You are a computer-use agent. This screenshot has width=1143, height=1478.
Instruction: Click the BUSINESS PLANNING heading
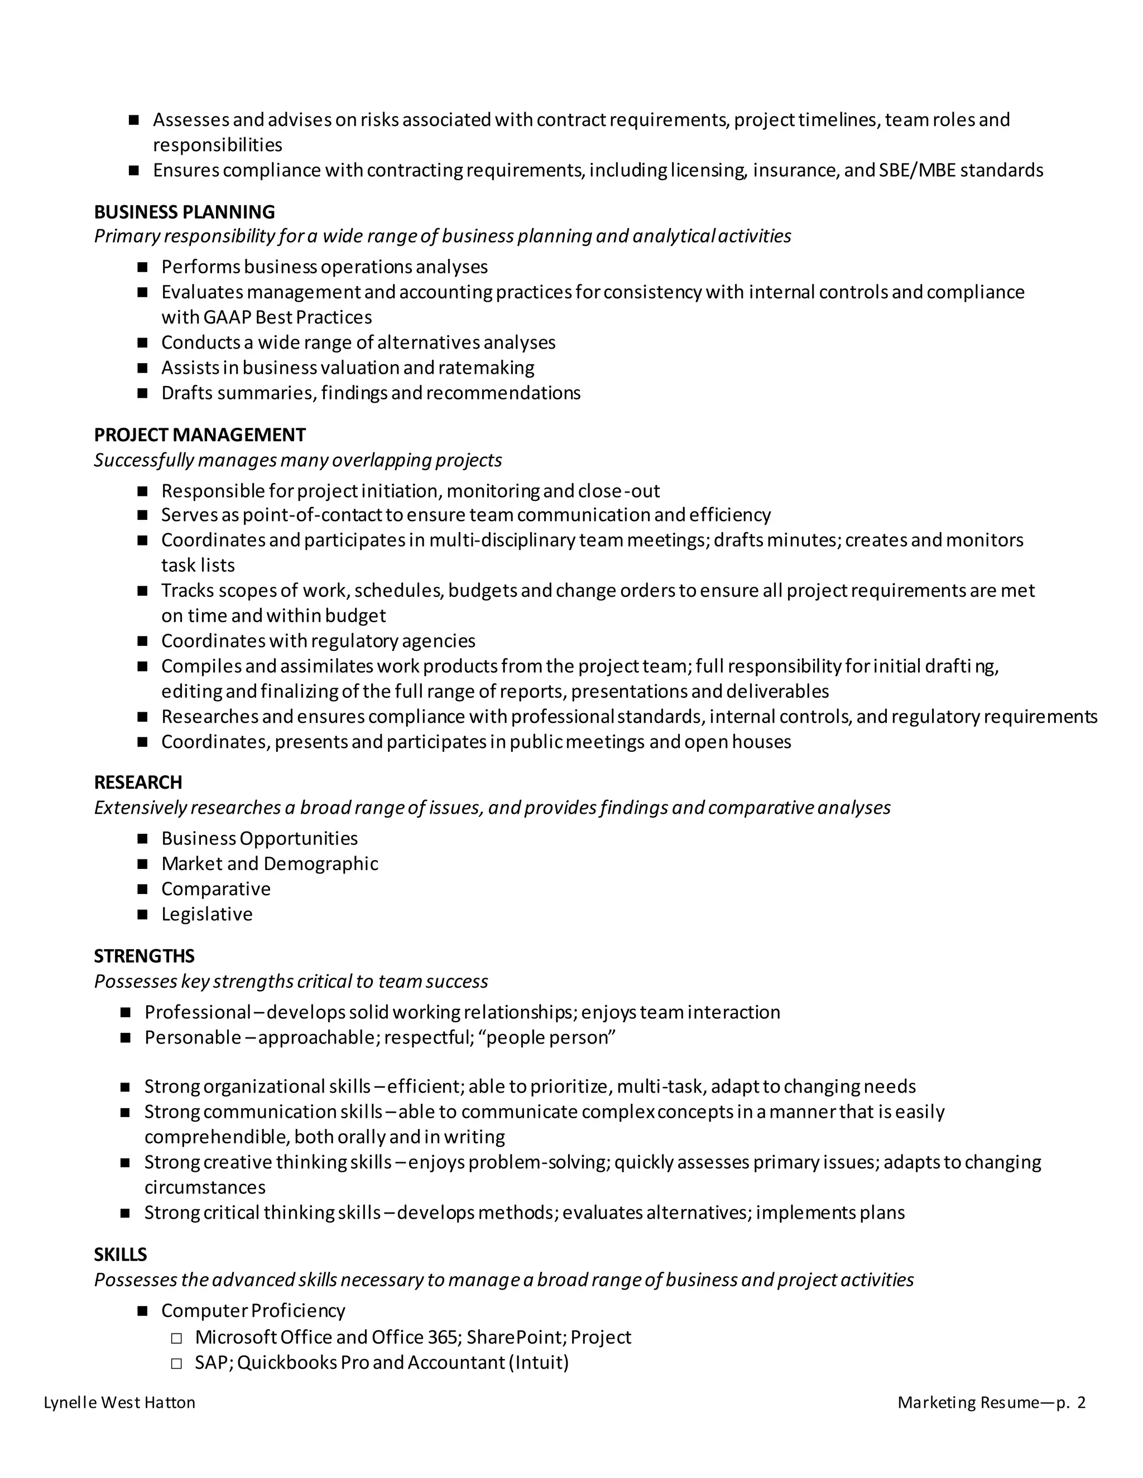point(184,212)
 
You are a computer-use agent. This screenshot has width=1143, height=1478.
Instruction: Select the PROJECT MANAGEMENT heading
point(200,434)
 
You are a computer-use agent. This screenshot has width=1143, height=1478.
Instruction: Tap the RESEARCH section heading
point(138,783)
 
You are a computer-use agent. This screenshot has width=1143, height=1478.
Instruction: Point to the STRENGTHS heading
point(144,955)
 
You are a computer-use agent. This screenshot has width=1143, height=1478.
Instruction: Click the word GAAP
point(236,317)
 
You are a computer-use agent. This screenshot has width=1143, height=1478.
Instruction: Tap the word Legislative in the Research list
point(206,914)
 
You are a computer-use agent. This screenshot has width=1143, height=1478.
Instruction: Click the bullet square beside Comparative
point(142,889)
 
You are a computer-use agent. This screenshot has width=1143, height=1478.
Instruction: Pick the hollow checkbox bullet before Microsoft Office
point(177,1338)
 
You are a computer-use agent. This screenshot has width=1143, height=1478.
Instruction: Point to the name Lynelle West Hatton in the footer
point(119,1403)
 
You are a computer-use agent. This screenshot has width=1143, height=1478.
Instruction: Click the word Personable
point(193,1037)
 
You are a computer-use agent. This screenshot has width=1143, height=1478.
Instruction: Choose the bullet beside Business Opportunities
point(142,839)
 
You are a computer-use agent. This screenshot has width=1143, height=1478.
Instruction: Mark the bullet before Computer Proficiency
point(142,1312)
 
